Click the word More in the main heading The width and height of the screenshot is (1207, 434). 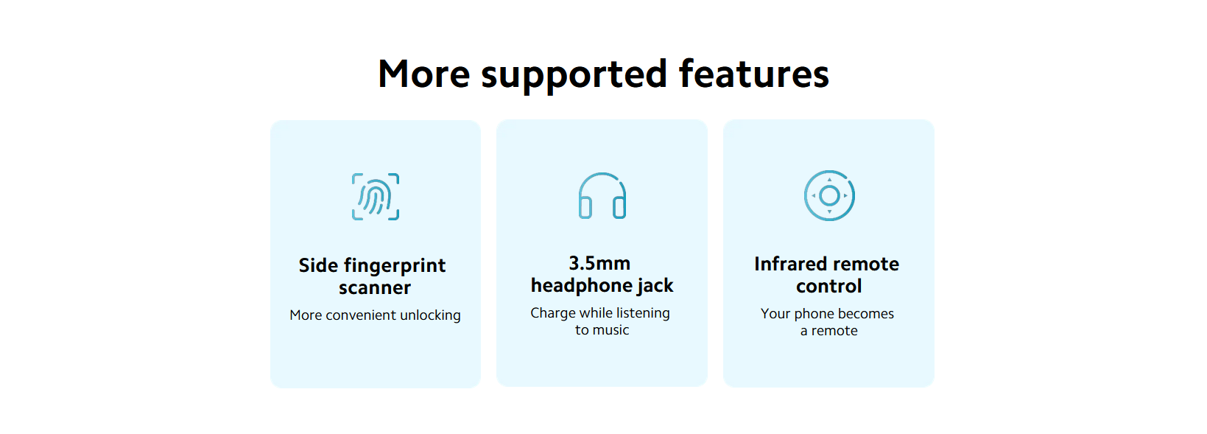coord(424,74)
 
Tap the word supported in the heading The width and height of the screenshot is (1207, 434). coord(574,76)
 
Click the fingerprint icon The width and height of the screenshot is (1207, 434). coord(376,197)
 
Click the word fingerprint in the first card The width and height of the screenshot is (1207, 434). coord(395,266)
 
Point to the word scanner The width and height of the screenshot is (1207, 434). coord(375,288)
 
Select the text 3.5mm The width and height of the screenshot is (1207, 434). coord(599,263)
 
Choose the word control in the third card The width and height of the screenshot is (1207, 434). coord(829,287)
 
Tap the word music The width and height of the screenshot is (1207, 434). coord(611,331)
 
